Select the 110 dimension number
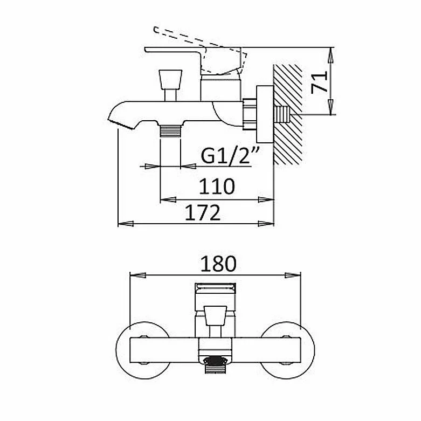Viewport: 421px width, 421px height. tap(217, 187)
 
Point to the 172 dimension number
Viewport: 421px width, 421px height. tap(203, 212)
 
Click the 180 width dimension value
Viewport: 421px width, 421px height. tap(218, 264)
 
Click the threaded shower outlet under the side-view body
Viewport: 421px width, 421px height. tap(170, 131)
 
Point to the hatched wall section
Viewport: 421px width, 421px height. tap(287, 115)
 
